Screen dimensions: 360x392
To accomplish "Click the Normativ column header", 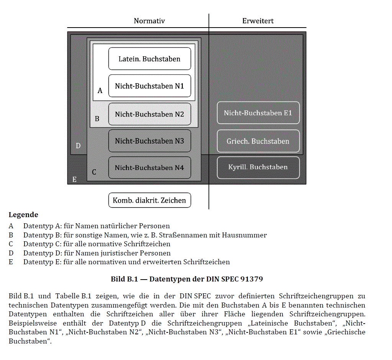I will (x=149, y=21).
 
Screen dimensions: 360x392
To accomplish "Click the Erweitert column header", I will (x=258, y=21).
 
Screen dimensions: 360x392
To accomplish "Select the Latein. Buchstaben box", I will (x=149, y=59).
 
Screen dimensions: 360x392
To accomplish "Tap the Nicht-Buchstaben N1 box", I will (x=149, y=86).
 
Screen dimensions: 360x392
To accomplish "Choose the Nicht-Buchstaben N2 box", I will (x=149, y=114).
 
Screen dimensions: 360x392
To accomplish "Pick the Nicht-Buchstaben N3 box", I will (x=149, y=141).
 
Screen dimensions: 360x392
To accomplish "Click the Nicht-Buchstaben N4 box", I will (x=149, y=168).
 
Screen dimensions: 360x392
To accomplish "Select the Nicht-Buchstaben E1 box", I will (x=258, y=113).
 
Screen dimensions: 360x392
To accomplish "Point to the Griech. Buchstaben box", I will (x=258, y=141).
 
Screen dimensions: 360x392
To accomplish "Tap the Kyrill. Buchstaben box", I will (x=258, y=167).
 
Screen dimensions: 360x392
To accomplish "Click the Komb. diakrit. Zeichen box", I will (x=149, y=200).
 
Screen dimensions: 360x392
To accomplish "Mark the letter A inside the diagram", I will (x=100, y=91).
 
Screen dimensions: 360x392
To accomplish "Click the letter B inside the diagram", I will (x=97, y=119).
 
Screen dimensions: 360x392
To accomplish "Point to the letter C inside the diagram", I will (x=94, y=172).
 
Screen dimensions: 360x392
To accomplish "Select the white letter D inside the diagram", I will (x=78, y=146).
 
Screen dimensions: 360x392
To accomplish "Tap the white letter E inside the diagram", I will (x=74, y=179).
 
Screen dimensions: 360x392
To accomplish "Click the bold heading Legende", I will (x=23, y=215).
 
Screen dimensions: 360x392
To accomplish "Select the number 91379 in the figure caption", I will (x=251, y=279).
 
